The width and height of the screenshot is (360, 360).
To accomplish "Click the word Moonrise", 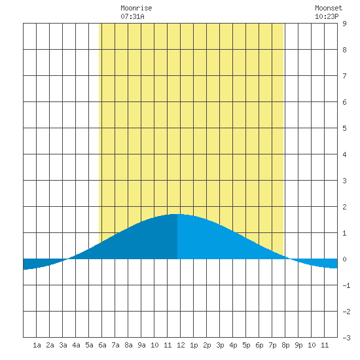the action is (136, 8).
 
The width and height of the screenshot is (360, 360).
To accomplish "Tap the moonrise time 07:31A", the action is (132, 16).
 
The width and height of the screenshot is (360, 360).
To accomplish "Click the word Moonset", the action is (329, 8).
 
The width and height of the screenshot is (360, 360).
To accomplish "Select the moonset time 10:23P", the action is (327, 16).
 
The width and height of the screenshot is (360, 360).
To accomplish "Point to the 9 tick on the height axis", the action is (344, 24).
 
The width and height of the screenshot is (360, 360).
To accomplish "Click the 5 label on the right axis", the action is (344, 128).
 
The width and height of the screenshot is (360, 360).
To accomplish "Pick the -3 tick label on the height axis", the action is (346, 338).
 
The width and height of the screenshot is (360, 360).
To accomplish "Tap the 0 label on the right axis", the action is (344, 259).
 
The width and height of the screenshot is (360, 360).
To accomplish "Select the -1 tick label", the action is (346, 285).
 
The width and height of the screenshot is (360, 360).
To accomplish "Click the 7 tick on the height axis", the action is (344, 76).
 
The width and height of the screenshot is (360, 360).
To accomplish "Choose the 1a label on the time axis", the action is (37, 345).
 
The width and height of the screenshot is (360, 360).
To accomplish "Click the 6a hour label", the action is (102, 345).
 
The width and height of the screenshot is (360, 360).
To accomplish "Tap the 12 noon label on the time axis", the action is (181, 345).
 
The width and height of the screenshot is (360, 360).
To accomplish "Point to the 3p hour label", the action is (220, 345).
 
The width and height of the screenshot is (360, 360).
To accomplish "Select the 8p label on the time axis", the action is (285, 345).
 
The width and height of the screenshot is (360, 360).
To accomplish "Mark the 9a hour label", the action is (141, 345).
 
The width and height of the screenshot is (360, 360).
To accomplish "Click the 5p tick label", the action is (246, 345).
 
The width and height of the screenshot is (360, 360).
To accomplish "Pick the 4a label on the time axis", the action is (76, 345).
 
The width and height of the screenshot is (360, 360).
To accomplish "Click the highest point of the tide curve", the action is (177, 214).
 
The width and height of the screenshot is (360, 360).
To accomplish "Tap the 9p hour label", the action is (298, 345).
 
